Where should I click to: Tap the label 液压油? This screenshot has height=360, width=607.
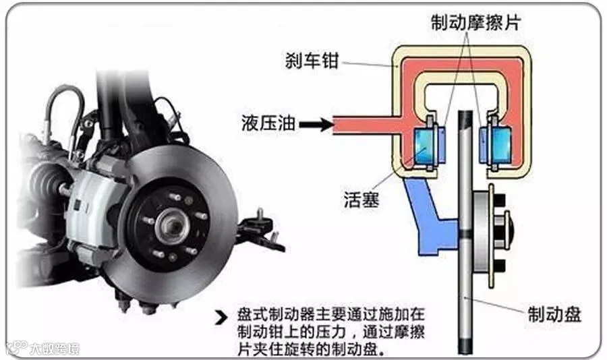click(266, 123)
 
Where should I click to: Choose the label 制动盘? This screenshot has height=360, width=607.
click(554, 314)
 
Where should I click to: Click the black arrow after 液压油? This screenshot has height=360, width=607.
click(315, 123)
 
